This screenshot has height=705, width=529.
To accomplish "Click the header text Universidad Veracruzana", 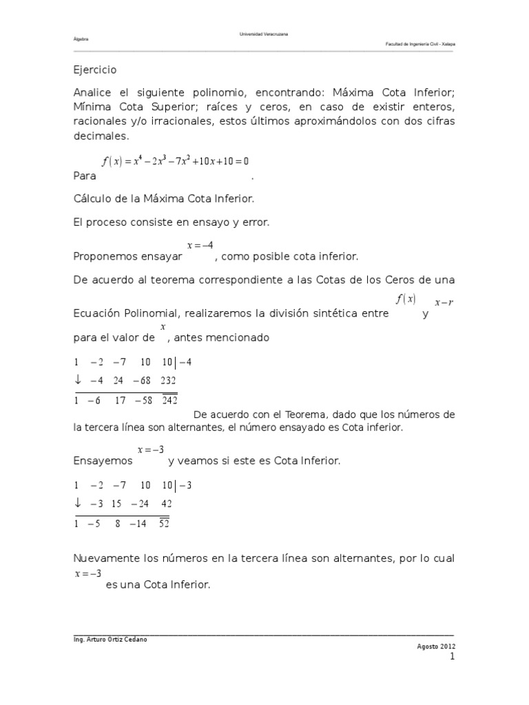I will tap(264, 34).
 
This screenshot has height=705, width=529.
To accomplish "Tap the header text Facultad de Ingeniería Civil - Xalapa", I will tap(420, 43).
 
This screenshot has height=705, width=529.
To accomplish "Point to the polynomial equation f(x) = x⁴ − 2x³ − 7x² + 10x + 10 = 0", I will tap(175, 161).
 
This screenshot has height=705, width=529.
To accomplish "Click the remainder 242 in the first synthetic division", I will tap(169, 398).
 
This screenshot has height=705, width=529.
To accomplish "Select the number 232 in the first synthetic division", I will tap(169, 380).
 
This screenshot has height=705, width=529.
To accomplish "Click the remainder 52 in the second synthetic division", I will tap(164, 523).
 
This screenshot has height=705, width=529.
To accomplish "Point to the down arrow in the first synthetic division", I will tap(78, 380).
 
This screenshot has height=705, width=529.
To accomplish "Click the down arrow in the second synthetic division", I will tap(78, 503).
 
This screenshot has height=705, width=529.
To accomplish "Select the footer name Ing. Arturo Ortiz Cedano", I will tap(110, 639).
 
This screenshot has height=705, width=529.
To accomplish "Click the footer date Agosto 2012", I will tap(436, 646).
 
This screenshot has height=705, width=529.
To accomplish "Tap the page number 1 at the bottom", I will tap(453, 658).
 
